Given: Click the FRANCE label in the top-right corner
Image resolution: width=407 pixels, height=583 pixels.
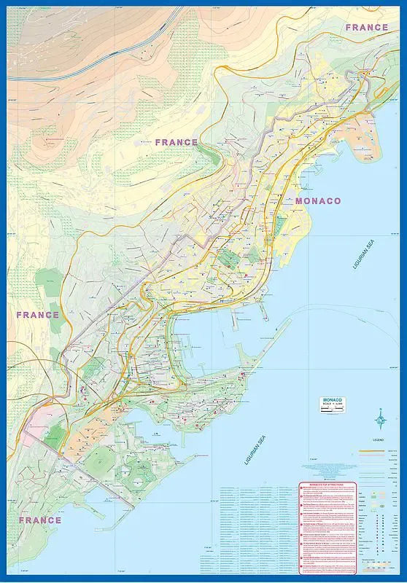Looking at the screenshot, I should (366, 27).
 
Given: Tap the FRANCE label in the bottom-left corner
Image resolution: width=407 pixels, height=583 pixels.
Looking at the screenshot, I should (39, 520).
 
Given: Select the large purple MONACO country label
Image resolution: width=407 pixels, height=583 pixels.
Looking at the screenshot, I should (317, 200).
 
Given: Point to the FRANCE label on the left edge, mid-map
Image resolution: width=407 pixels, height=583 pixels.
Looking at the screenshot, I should (37, 315).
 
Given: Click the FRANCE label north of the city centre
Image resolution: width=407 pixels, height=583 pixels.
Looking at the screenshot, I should (177, 142).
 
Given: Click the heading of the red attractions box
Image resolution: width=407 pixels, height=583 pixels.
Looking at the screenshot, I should (326, 485).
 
